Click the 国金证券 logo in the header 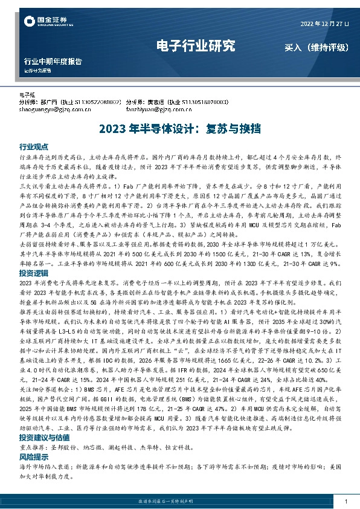pyautogui.click(x=48, y=22)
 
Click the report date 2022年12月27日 pyautogui.click(x=324, y=24)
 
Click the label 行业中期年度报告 pyautogui.click(x=53, y=62)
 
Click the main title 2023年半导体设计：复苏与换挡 pyautogui.click(x=179, y=128)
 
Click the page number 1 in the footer pyautogui.click(x=345, y=502)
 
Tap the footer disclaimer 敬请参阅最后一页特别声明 pyautogui.click(x=180, y=502)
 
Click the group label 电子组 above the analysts pyautogui.click(x=28, y=95)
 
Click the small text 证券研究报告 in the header pyautogui.click(x=37, y=71)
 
